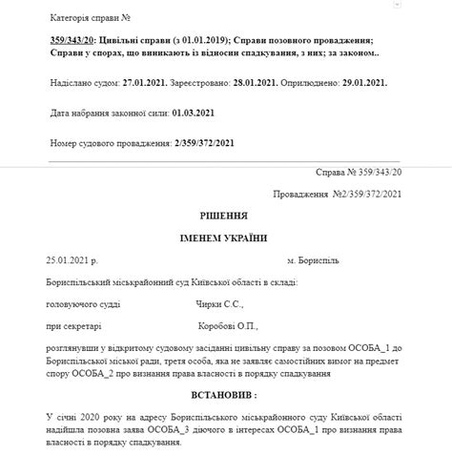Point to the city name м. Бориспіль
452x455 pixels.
313,259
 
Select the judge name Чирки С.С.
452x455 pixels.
213,305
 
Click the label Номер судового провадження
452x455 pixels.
102,143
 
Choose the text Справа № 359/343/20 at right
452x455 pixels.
359,174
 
